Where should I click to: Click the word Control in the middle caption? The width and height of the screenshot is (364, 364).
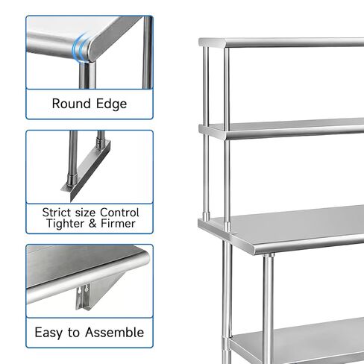(119, 213)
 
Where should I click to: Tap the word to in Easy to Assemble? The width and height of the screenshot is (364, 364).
(75, 332)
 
